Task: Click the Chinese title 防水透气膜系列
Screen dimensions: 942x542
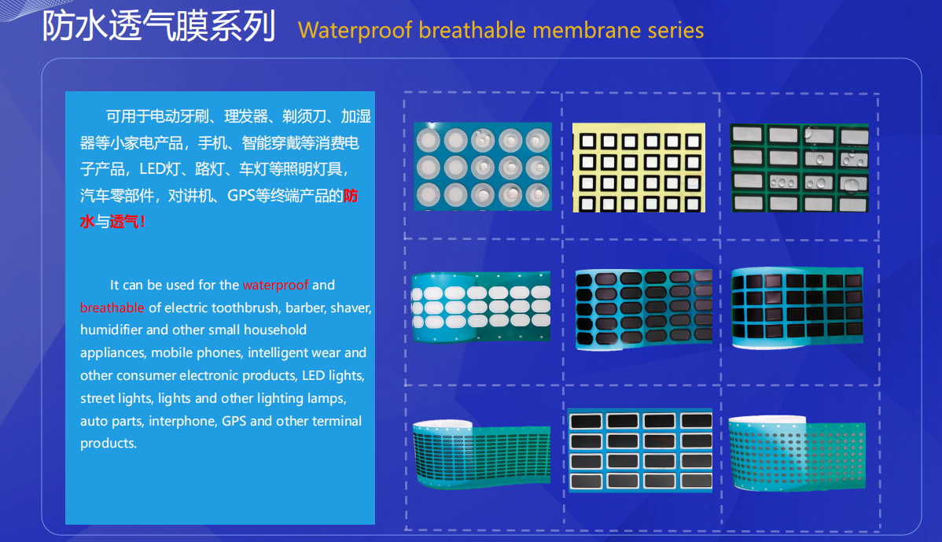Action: pyautogui.click(x=159, y=27)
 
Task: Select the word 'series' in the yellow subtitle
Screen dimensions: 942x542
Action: pyautogui.click(x=675, y=31)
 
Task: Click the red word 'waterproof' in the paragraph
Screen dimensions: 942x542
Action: pyautogui.click(x=276, y=285)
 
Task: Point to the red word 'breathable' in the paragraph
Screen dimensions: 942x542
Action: pyautogui.click(x=112, y=308)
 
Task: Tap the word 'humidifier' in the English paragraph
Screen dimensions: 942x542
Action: pyautogui.click(x=111, y=330)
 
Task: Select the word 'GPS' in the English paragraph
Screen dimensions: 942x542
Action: pyautogui.click(x=234, y=421)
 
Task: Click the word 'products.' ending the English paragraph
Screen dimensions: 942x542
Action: pyautogui.click(x=109, y=444)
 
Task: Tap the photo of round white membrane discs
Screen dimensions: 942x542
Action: pyautogui.click(x=483, y=167)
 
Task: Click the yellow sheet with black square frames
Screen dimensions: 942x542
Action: pyautogui.click(x=638, y=168)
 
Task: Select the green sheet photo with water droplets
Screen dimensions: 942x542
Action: pyautogui.click(x=799, y=168)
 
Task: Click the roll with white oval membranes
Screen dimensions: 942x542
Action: pyautogui.click(x=480, y=307)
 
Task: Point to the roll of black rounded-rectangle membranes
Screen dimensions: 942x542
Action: pyautogui.click(x=644, y=309)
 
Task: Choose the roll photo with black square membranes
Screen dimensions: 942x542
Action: pyautogui.click(x=797, y=307)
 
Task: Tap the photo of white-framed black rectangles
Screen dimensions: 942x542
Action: pyautogui.click(x=640, y=451)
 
